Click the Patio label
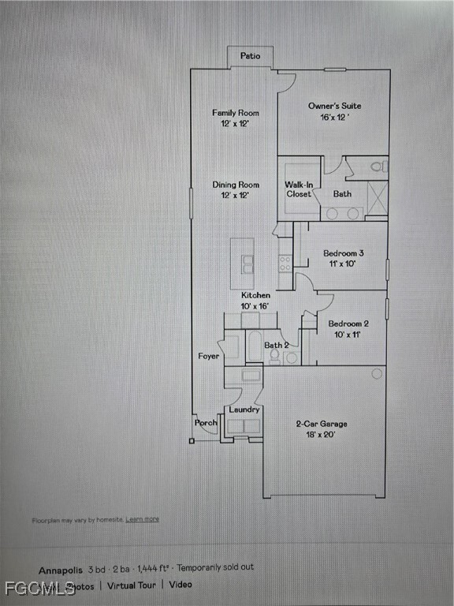click(x=251, y=57)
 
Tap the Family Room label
click(x=236, y=113)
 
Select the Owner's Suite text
click(x=335, y=106)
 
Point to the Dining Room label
click(x=236, y=185)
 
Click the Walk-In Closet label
click(x=300, y=189)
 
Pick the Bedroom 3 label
click(x=344, y=253)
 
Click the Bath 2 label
click(x=276, y=345)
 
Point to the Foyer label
click(x=209, y=357)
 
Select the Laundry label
click(x=244, y=410)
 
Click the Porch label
click(x=207, y=423)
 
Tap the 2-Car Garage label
click(x=322, y=424)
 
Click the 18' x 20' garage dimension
click(x=322, y=435)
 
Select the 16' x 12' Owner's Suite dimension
click(x=335, y=117)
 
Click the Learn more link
click(x=143, y=519)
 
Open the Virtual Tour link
click(x=132, y=585)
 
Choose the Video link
click(x=180, y=585)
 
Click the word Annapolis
click(x=61, y=568)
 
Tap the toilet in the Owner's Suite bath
click(x=378, y=166)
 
